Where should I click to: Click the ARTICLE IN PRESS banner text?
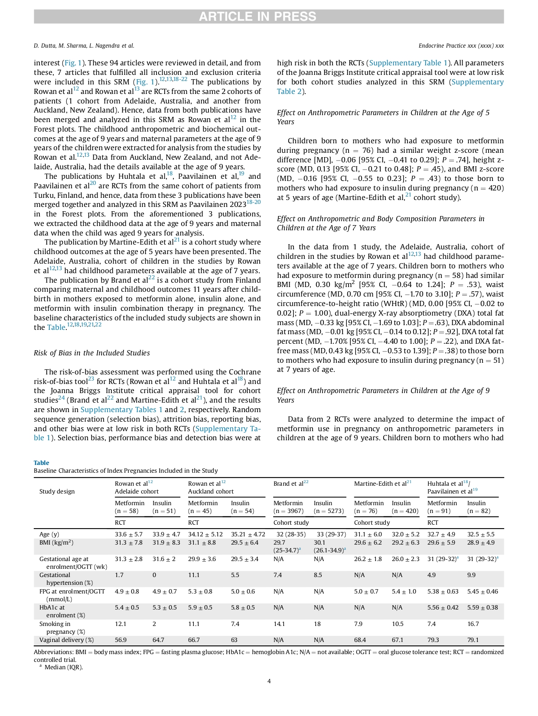(x=258, y=16)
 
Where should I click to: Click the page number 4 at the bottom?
(x=269, y=681)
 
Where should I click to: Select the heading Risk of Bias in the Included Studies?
(x=92, y=353)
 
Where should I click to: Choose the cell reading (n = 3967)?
(x=288, y=511)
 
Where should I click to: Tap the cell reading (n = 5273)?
(x=329, y=511)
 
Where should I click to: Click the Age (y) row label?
(x=49, y=534)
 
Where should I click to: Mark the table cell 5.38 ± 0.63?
(x=443, y=591)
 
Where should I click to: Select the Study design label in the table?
(x=57, y=491)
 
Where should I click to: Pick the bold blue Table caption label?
(x=41, y=463)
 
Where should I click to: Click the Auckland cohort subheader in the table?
(x=211, y=491)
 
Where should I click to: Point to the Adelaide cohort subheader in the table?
(x=137, y=491)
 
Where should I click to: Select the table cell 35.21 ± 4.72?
(x=248, y=534)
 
